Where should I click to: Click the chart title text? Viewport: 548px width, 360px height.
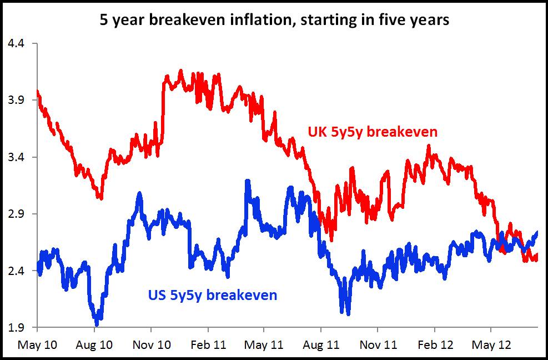pos(274,20)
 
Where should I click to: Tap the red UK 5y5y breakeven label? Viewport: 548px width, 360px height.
pos(373,132)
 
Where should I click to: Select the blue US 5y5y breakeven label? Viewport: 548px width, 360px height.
pos(212,294)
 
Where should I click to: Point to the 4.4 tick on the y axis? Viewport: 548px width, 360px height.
pos(19,43)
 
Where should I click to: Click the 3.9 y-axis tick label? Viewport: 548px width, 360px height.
pos(19,100)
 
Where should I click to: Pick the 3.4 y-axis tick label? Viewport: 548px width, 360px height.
pos(19,157)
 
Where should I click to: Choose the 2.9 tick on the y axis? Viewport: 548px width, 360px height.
pos(19,214)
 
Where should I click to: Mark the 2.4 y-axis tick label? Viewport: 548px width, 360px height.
pos(19,271)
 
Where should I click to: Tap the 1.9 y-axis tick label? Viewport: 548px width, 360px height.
pos(19,328)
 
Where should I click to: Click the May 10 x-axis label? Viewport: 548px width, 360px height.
pos(37,345)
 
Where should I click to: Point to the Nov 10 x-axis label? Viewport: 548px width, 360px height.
pos(151,345)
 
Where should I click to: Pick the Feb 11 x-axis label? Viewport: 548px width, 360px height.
pos(208,345)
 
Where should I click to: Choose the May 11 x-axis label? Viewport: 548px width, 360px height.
pos(264,345)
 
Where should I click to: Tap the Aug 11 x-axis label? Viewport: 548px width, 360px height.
pos(321,345)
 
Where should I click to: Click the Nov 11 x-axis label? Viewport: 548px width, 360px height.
pos(378,345)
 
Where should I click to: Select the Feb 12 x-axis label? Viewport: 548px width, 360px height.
pos(435,345)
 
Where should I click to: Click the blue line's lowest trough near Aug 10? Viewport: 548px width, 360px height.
pos(97,324)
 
